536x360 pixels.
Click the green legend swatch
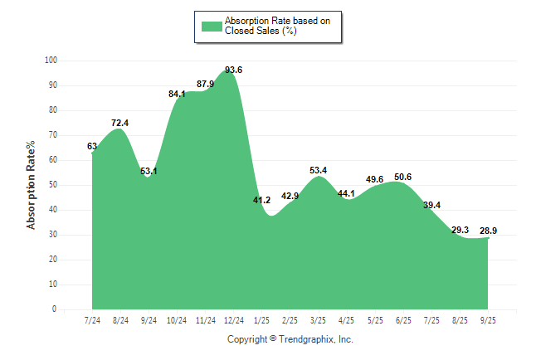pos(212,26)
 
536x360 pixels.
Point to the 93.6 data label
pos(233,70)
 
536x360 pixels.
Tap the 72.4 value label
pos(119,123)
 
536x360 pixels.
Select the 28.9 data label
pos(488,229)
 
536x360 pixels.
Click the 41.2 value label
pos(261,200)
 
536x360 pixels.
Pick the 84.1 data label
pos(177,94)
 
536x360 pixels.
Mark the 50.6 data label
pos(402,177)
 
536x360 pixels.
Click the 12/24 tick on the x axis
pos(233,320)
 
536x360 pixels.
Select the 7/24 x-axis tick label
pos(92,320)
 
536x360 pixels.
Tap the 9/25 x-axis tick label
pos(488,320)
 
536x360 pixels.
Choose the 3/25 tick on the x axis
pos(318,320)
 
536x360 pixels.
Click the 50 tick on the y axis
pos(52,185)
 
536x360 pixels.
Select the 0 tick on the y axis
pos(55,309)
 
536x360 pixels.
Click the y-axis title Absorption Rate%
pos(32,185)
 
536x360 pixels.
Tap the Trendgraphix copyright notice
pos(290,339)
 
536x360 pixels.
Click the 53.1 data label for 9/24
pos(149,171)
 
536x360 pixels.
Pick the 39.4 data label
pos(431,205)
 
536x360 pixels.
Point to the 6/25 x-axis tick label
pos(402,320)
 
